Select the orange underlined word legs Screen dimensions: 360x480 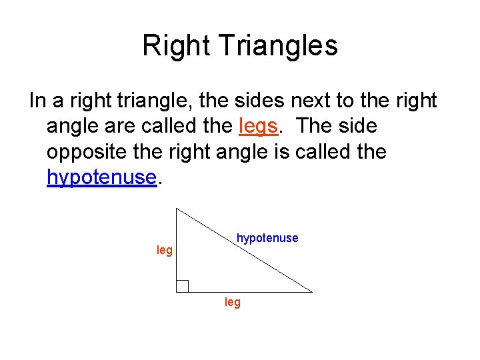pos(256,126)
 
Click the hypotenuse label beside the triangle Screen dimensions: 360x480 pos(267,238)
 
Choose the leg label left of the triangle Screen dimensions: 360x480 pos(165,251)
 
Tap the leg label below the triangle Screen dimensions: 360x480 pos(233,303)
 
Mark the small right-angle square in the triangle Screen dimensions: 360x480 pos(182,286)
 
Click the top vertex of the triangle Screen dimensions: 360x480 pos(176,208)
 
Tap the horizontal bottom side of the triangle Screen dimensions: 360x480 pos(253,292)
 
